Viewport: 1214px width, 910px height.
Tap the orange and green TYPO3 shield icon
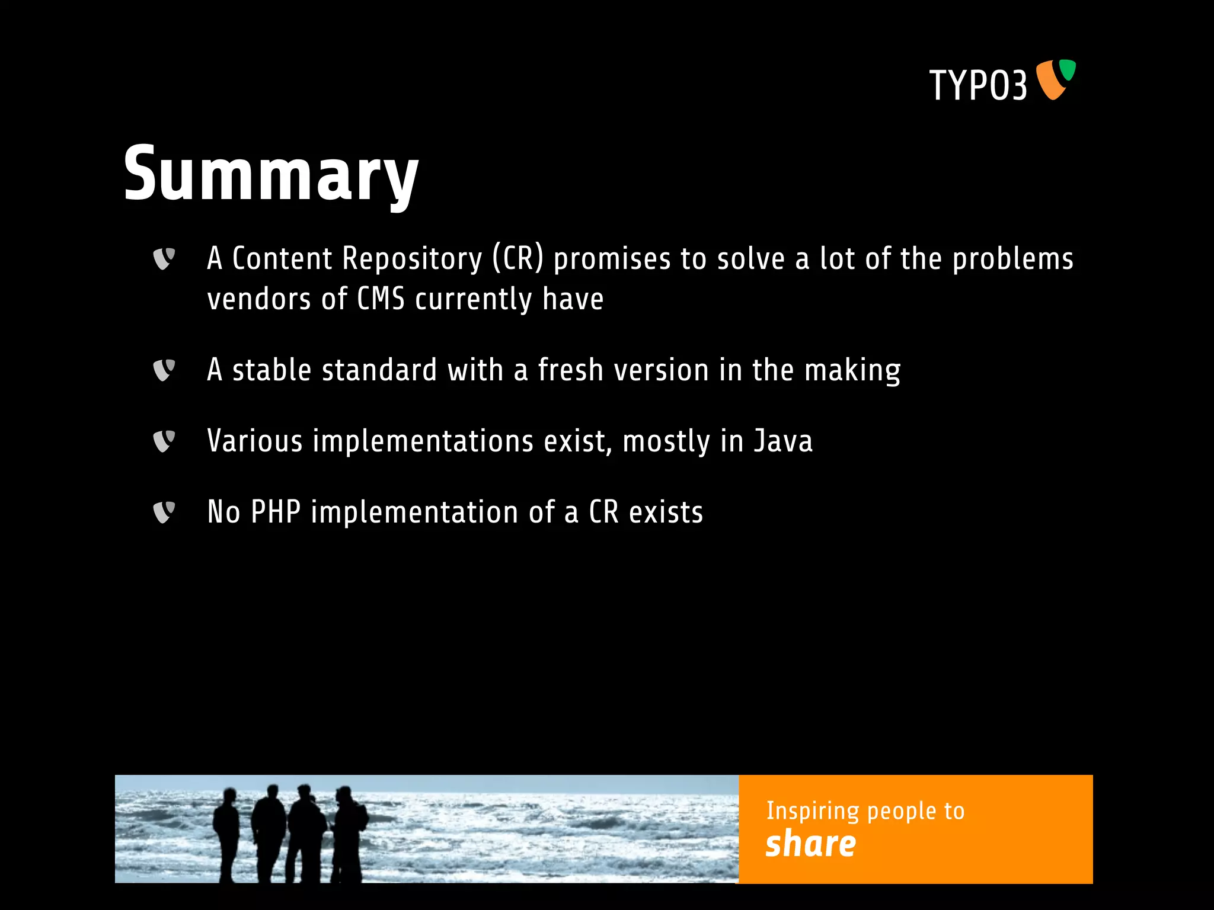1055,79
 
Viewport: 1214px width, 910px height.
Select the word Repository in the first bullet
412,259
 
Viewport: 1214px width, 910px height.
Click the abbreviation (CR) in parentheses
517,259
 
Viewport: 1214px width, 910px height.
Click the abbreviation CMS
381,299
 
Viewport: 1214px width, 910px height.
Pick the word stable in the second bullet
271,370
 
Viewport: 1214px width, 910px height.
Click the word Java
783,441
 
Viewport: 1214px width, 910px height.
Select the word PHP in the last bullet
276,512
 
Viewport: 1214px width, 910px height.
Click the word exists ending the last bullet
666,512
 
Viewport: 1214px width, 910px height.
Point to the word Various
255,441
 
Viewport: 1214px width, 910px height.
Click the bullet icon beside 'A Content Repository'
164,259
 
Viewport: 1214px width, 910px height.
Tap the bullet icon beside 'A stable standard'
164,370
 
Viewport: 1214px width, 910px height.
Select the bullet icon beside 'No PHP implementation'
164,512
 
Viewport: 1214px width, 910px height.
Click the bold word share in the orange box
810,844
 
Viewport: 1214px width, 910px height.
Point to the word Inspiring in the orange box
812,811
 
